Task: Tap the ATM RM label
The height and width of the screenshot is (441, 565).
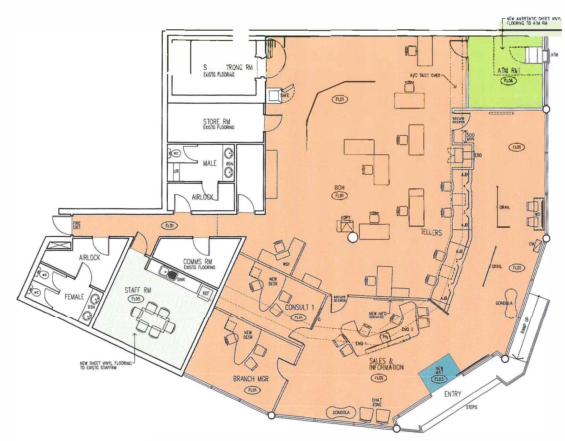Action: click(x=510, y=71)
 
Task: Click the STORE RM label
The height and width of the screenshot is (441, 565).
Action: click(x=216, y=122)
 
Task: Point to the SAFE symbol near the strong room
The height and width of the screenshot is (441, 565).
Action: click(x=275, y=95)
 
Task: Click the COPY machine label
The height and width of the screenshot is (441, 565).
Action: click(x=346, y=218)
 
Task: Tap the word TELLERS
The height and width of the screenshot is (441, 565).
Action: click(x=431, y=233)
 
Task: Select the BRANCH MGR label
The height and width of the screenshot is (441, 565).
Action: click(x=251, y=379)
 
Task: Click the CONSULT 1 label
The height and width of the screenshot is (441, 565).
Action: click(x=299, y=307)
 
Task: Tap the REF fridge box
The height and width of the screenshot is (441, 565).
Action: click(x=206, y=293)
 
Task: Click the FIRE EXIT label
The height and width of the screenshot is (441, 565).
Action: click(x=76, y=226)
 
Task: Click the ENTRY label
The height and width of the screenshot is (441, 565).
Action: click(x=452, y=394)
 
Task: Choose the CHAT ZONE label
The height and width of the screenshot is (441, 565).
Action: click(x=377, y=402)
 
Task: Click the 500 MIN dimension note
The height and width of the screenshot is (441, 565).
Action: click(x=470, y=137)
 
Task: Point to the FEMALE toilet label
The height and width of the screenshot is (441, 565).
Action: click(x=74, y=296)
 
